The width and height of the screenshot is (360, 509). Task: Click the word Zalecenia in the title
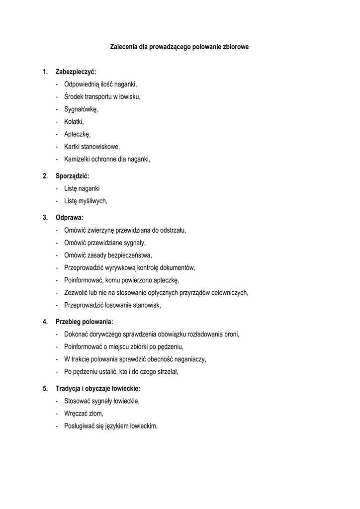[x=123, y=47]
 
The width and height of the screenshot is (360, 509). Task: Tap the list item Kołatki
[x=74, y=122]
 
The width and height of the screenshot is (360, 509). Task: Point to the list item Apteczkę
[x=78, y=134]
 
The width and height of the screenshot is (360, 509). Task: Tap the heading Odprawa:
[x=70, y=218]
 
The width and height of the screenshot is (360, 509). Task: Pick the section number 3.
[x=45, y=218]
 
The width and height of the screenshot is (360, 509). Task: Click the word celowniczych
[x=229, y=292]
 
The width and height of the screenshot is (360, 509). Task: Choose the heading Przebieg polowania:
[x=85, y=322]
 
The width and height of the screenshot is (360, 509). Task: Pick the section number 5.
[x=45, y=388]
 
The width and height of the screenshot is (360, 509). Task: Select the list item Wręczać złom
[x=84, y=413]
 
